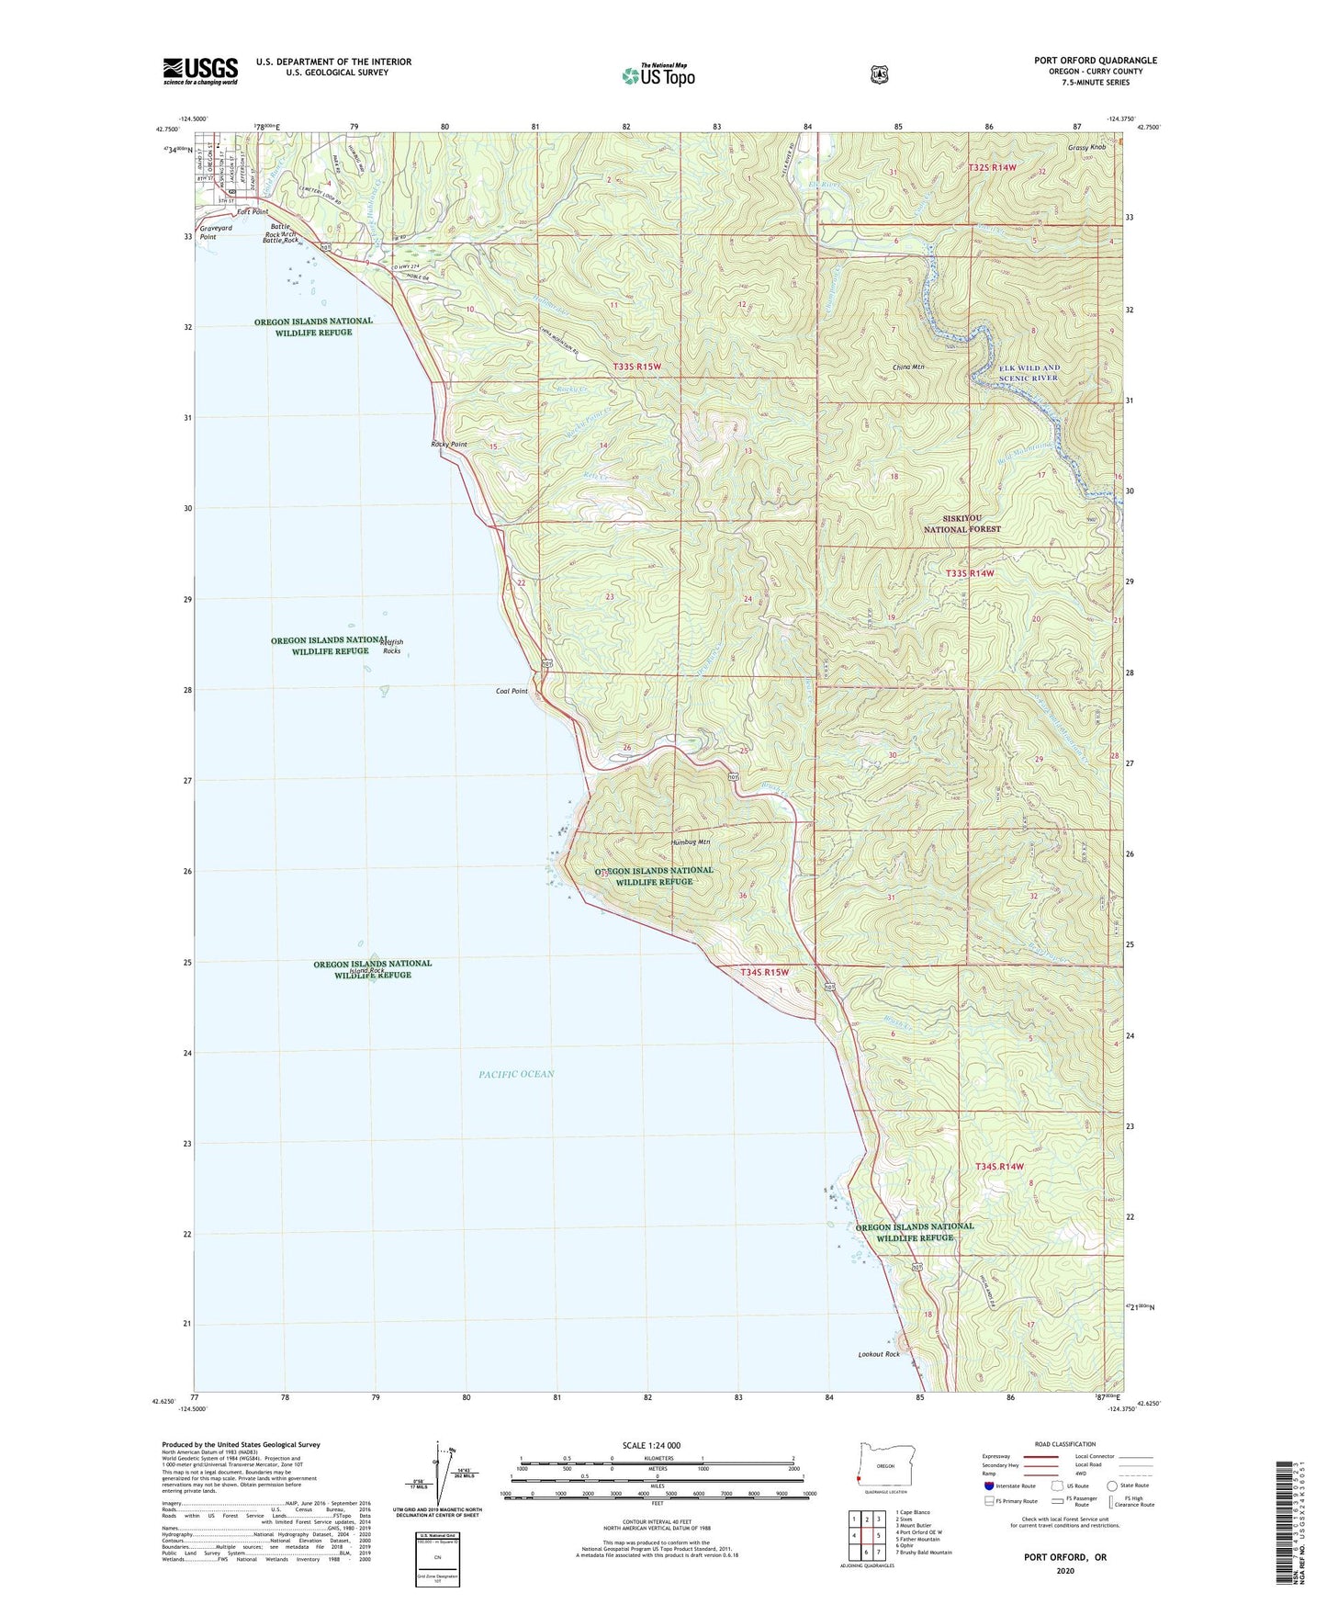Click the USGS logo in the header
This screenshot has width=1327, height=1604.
200,70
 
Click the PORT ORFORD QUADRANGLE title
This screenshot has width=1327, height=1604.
1095,61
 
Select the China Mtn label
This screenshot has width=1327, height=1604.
907,367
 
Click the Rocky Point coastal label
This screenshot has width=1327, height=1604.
449,445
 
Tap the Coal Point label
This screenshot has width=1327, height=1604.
512,691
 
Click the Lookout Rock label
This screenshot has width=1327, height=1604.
879,1354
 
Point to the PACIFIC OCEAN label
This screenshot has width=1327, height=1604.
516,1074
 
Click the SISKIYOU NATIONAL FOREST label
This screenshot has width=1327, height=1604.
962,524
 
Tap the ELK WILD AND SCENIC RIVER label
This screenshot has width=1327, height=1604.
1016,372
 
